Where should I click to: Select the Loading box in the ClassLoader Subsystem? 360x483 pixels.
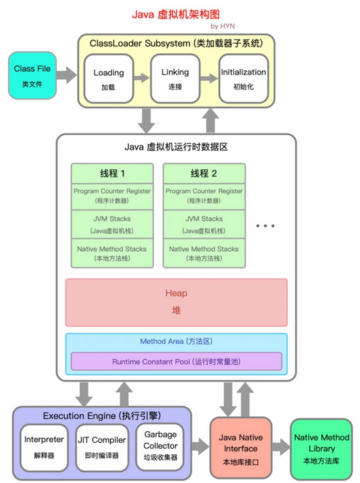pos(108,78)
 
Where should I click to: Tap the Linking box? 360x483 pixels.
pos(175,78)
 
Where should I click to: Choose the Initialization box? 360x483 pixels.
pos(243,78)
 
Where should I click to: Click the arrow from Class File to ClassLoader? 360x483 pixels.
pos(66,75)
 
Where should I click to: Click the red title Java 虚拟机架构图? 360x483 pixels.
pos(181,13)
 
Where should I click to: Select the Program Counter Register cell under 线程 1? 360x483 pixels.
pos(112,196)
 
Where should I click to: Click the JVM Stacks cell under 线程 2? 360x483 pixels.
pos(203,224)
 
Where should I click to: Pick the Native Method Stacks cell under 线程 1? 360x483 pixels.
pos(112,253)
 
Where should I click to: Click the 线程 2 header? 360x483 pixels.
pos(203,173)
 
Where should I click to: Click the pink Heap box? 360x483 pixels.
pos(175,302)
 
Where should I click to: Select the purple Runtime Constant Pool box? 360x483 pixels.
pos(176,362)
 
